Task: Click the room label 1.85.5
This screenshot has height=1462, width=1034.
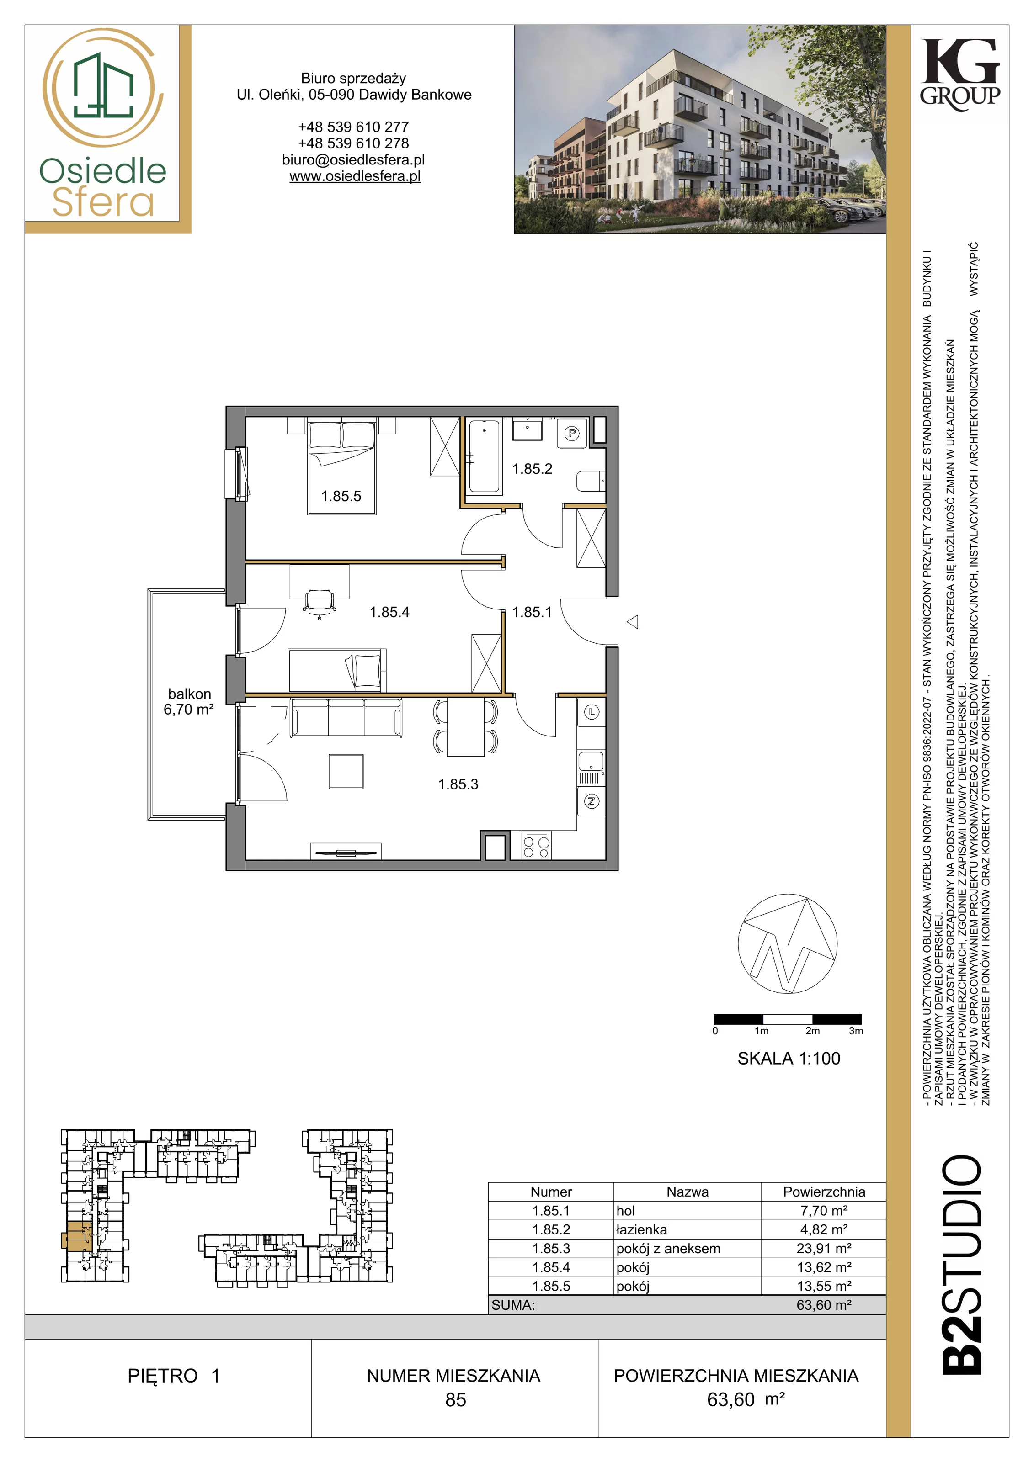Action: [341, 496]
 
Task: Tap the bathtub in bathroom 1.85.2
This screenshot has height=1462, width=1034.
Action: [484, 456]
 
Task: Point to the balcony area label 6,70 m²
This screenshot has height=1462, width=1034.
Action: [189, 710]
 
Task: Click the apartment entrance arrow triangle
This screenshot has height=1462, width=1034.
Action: [633, 621]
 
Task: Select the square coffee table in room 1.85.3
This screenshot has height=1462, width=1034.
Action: [346, 771]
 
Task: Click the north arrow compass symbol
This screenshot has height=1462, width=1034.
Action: [788, 944]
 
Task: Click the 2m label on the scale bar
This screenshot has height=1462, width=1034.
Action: [812, 1031]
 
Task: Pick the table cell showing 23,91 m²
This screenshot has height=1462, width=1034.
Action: [824, 1249]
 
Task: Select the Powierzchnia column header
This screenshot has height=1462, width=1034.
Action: [824, 1192]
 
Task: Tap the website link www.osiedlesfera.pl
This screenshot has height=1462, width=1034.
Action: [355, 176]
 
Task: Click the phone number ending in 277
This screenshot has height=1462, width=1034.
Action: [354, 127]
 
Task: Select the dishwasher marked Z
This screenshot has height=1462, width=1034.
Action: [591, 802]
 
